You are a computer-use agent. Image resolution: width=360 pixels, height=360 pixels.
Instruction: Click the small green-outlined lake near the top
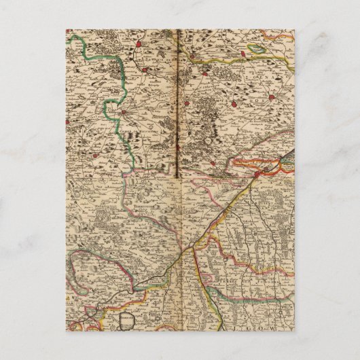point(259,50)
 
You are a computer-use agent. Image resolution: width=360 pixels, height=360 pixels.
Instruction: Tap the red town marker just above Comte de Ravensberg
point(126,110)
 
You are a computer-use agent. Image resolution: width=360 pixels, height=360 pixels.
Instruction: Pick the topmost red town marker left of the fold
point(138,46)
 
